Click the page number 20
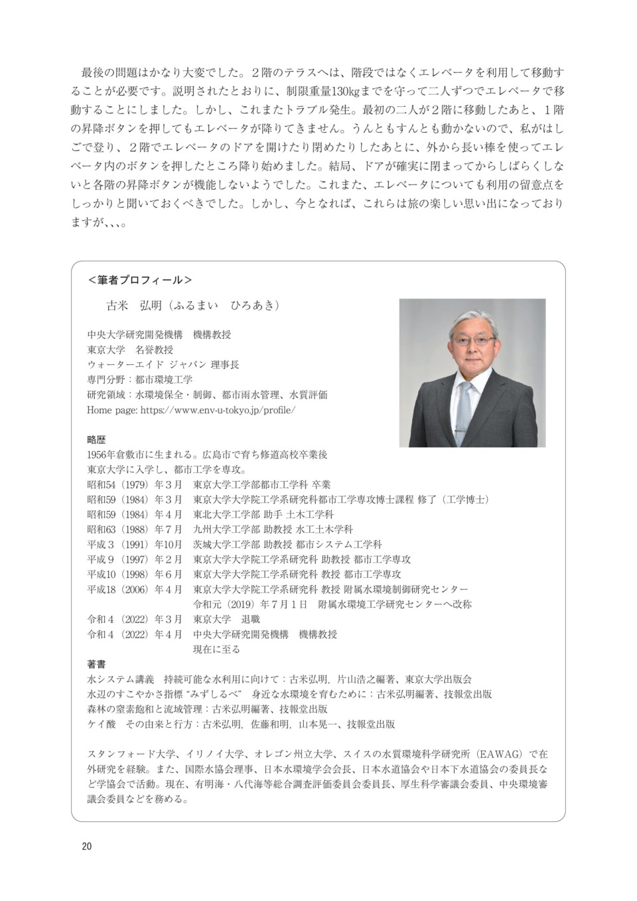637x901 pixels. pyautogui.click(x=87, y=847)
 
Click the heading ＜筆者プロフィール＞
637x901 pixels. pyautogui.click(x=140, y=280)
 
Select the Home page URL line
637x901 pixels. pyautogui.click(x=191, y=409)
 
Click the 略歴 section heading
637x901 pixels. pyautogui.click(x=96, y=439)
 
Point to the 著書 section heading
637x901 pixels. pyautogui.click(x=96, y=664)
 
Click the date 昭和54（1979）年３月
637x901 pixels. pyautogui.click(x=135, y=484)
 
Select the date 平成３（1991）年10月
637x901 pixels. pyautogui.click(x=135, y=544)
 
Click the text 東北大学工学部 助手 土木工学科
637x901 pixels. pyautogui.click(x=263, y=514)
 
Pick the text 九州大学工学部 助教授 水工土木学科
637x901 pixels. pyautogui.click(x=273, y=529)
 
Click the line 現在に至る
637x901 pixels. pyautogui.click(x=216, y=649)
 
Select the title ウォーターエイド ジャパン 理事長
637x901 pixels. pyautogui.click(x=163, y=364)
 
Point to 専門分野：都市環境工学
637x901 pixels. pyautogui.click(x=139, y=380)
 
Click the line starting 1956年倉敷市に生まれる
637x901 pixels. pyautogui.click(x=207, y=454)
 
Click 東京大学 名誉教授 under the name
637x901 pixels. pyautogui.click(x=130, y=350)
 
